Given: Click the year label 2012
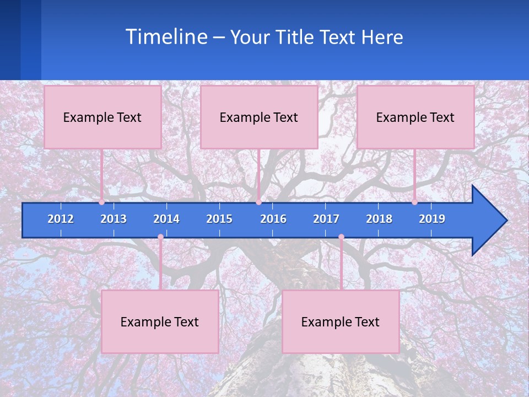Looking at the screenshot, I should pos(61,219).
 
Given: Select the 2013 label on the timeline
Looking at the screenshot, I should pos(114,219).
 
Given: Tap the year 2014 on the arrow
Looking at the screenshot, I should pos(166,219).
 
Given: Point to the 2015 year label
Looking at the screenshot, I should pos(219,219).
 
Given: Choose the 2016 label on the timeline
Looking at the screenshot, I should pos(273,219).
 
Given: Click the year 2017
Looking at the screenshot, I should pos(326,219).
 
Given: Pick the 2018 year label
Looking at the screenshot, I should pos(379,219).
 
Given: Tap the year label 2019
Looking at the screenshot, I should pos(432,219).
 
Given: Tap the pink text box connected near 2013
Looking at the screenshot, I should pos(102,117).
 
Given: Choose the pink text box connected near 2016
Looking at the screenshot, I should pos(259,117).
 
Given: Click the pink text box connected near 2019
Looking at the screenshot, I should pos(415,117).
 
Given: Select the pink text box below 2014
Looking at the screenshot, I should pos(160,321).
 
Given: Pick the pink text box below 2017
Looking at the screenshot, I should pos(341,321).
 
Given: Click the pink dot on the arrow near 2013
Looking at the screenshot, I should pos(102,202).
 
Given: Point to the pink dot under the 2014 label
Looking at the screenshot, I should pos(160,237).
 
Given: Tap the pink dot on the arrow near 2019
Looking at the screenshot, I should pos(415,202).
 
